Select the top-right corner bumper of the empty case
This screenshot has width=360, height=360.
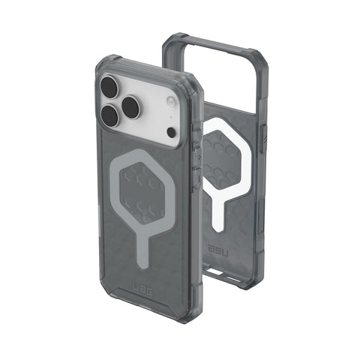click(x=255, y=58)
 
